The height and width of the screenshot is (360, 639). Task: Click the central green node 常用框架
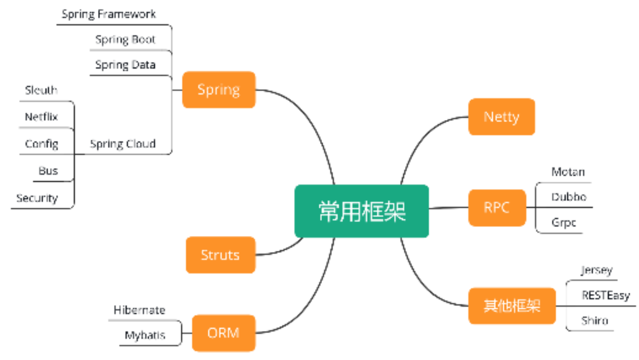pos(362,211)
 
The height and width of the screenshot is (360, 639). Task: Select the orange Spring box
pos(218,90)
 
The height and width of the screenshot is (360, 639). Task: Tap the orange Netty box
pos(501,117)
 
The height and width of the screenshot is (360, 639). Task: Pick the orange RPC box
pos(497,208)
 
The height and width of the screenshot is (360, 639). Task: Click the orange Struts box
pos(220,255)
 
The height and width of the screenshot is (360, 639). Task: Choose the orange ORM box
pos(223,333)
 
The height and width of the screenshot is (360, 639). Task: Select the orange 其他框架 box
pos(512,306)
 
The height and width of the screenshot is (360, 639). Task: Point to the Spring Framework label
pos(108,14)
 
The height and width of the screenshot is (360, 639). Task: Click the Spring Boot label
pos(125,39)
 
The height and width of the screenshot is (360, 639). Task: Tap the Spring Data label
pos(125,65)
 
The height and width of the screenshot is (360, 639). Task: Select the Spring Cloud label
pos(122,144)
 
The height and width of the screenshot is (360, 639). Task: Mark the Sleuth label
pos(41,91)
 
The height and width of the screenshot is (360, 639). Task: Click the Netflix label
pos(41,117)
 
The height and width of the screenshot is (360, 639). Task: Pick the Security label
pos(37,198)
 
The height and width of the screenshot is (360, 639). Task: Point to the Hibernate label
pos(139,310)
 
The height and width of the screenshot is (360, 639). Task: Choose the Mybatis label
pos(145,335)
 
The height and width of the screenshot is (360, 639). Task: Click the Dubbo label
pos(569,197)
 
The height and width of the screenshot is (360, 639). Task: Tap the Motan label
pos(568,172)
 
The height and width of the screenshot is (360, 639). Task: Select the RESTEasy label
pos(606,295)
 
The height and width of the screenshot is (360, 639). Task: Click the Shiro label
pos(595,321)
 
